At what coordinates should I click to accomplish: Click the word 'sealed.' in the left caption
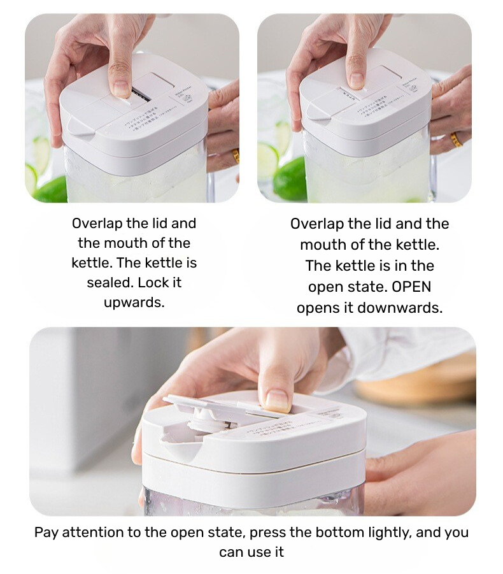coord(110,282)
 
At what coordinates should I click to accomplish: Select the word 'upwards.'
coord(134,302)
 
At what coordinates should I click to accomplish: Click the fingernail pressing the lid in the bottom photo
coord(277,401)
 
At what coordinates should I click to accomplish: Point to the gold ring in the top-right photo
coord(456,140)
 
